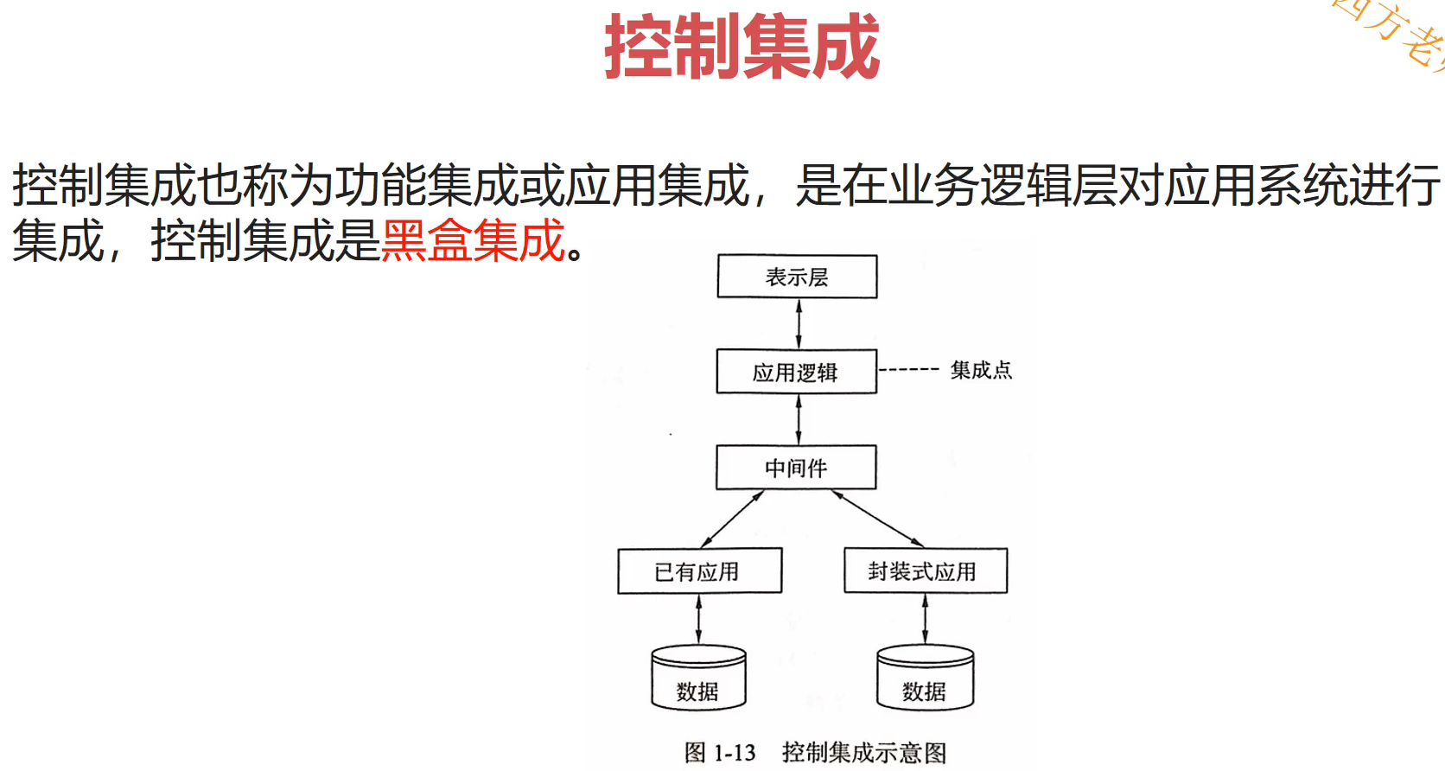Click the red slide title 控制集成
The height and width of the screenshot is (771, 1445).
[x=742, y=47]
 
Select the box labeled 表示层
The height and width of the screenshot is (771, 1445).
[x=797, y=277]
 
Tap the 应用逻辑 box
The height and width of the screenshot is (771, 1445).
[x=796, y=372]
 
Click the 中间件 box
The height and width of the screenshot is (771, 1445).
[x=796, y=468]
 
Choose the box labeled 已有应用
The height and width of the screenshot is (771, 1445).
[x=699, y=571]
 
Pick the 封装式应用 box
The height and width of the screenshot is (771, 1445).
[x=925, y=571]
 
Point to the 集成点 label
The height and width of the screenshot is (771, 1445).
[x=981, y=370]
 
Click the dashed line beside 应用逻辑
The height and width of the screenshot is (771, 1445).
[x=908, y=369]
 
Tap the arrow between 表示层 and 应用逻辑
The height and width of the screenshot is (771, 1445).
[x=799, y=323]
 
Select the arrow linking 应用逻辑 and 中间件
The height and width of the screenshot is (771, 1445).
[x=799, y=419]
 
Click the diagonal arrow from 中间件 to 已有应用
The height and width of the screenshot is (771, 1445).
[x=732, y=519]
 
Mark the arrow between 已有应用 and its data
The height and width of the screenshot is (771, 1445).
[x=698, y=619]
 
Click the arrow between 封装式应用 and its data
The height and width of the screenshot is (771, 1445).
[x=925, y=619]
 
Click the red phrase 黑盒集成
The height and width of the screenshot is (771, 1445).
[x=473, y=240]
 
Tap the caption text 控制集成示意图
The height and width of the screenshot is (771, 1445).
[x=864, y=753]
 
